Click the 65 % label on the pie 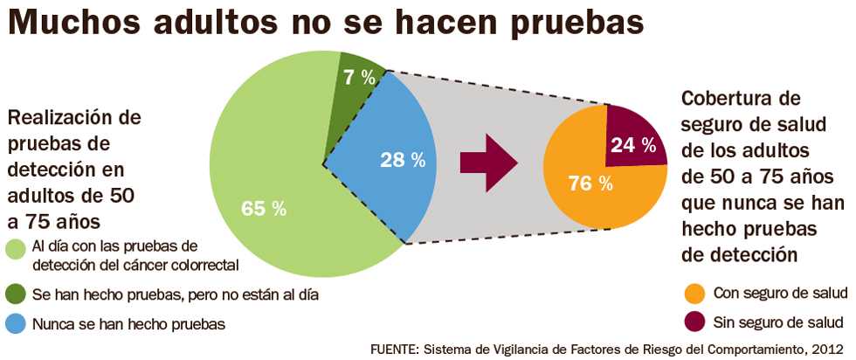(x=264, y=209)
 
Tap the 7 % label (x=360, y=77)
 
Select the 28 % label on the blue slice (x=403, y=160)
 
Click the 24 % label (x=633, y=145)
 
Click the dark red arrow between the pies (x=488, y=163)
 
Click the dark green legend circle (x=16, y=294)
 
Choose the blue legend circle (x=16, y=323)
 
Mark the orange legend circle (x=694, y=292)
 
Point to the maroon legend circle (x=694, y=321)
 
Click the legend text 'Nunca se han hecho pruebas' (x=128, y=323)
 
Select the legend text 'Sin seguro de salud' (x=778, y=321)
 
